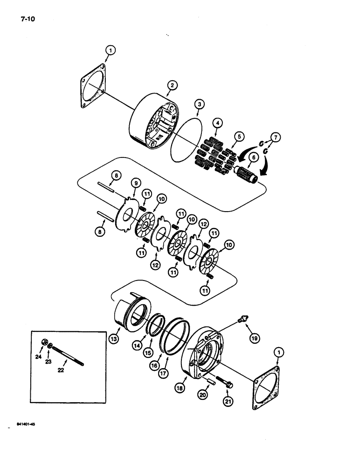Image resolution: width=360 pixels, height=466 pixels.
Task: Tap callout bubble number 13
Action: coord(113,339)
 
